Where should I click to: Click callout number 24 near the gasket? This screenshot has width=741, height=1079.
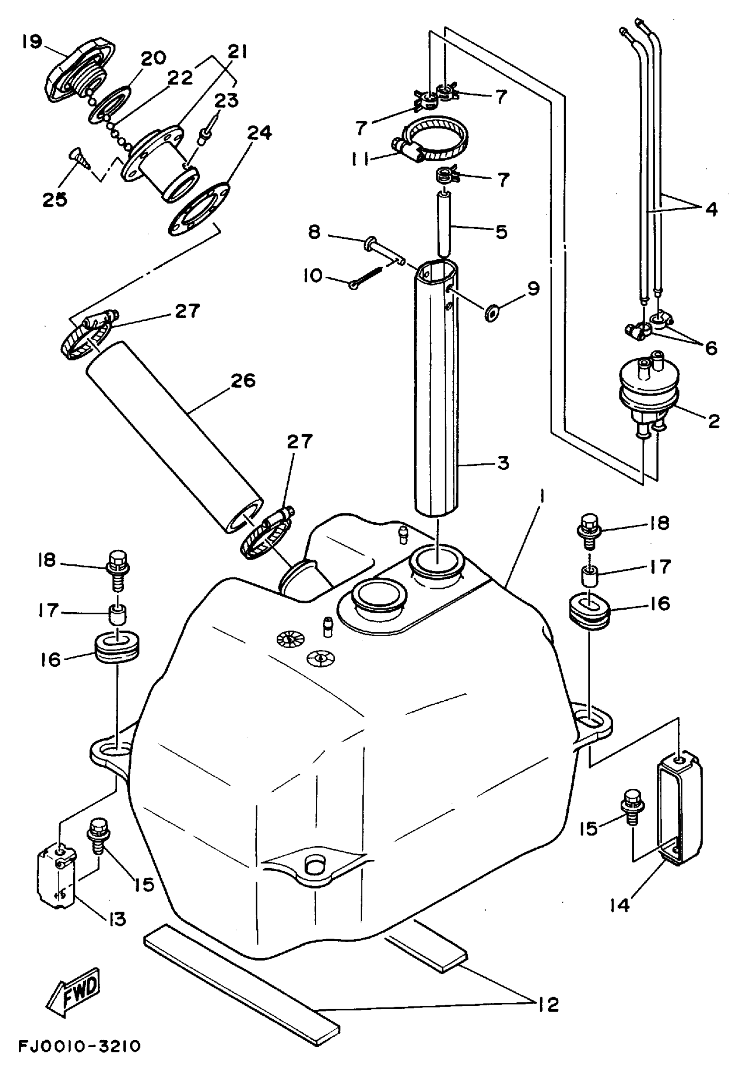click(259, 133)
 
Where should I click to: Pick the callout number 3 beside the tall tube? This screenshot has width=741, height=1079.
click(503, 463)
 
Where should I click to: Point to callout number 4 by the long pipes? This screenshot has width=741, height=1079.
click(710, 209)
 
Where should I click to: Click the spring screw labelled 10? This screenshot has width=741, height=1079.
click(367, 277)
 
